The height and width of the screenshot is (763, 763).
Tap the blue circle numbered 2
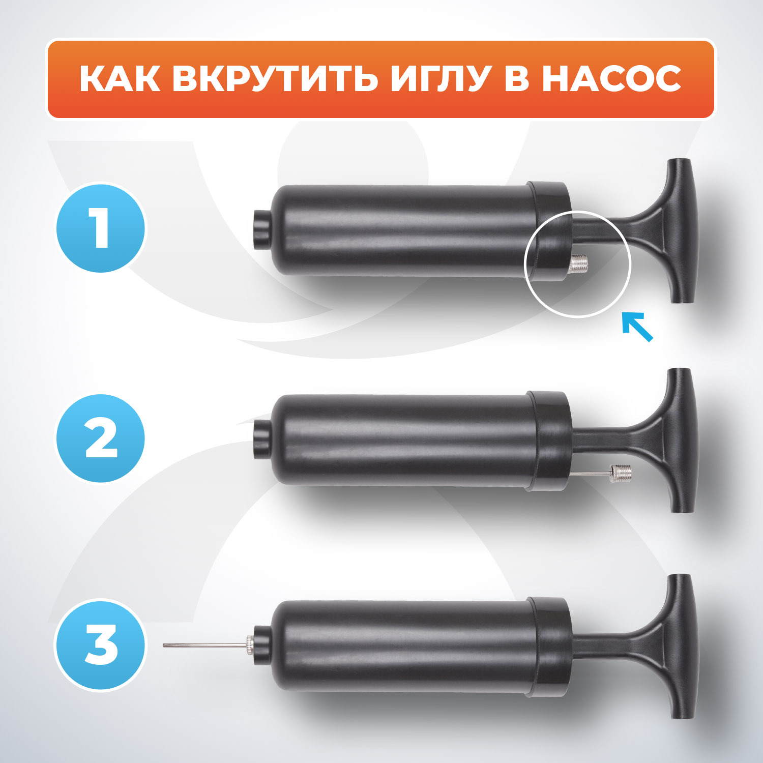coord(101,438)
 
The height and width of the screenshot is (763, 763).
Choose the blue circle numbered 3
coord(101,644)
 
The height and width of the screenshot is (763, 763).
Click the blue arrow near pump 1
coord(637,327)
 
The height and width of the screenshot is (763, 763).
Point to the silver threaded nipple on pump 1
coord(578,263)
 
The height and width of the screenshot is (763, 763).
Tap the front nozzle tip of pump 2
coord(261,438)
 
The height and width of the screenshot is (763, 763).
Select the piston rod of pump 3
coord(595,644)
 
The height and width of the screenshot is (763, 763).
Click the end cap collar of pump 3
coord(549,645)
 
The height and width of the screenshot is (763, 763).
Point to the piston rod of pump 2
coord(595,438)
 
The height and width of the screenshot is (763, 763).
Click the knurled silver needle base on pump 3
coord(250,645)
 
